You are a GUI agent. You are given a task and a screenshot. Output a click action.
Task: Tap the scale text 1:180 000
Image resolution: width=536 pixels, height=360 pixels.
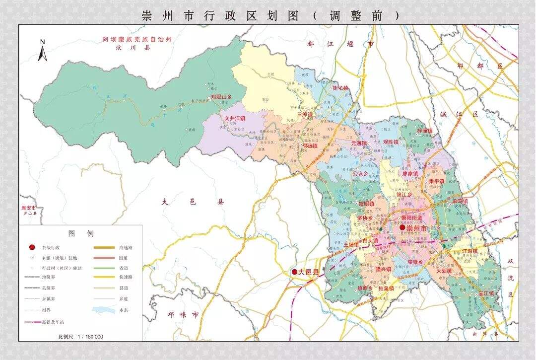tap(81, 337)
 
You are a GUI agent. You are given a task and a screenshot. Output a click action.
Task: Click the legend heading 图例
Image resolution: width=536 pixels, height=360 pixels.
tap(81, 233)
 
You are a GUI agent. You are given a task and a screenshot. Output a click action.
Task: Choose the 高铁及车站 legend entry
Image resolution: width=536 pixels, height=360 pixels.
tap(48, 322)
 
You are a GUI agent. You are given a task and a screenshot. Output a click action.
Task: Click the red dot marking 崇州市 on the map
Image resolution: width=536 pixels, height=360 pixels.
tap(402, 227)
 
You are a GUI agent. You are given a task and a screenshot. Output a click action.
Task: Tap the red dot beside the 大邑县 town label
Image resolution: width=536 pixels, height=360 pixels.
tap(294, 272)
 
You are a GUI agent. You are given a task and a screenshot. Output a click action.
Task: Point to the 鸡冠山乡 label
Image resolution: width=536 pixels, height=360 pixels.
tap(221, 97)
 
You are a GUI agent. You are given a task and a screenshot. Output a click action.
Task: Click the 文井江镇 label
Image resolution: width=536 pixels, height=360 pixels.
tap(235, 119)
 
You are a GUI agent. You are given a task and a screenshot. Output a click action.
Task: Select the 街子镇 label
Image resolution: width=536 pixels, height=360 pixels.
tap(340, 88)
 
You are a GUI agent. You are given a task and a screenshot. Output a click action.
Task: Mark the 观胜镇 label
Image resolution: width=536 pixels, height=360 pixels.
tap(391, 142)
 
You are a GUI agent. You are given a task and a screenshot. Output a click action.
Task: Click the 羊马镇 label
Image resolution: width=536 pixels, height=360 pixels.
tap(460, 201)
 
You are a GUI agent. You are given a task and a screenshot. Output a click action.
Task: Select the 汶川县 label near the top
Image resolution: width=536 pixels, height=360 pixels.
tap(126, 48)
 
